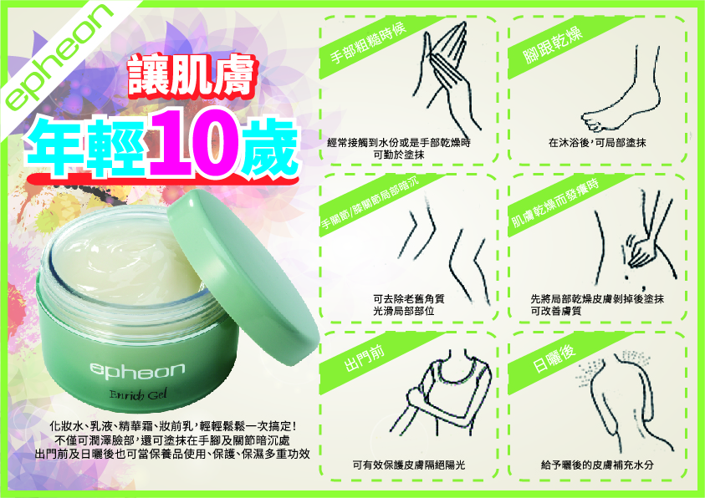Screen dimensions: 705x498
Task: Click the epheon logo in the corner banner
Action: point(59,56)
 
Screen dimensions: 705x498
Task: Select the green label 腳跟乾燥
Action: point(553,45)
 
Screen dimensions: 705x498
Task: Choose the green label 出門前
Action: point(364,358)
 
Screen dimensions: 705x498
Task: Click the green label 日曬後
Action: point(554,358)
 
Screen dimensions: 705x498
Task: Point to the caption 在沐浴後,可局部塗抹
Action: point(597,143)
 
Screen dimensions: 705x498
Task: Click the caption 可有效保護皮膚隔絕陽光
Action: point(409,465)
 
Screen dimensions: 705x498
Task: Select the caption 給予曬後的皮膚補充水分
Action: point(597,465)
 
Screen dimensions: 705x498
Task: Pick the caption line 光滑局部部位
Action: point(403,311)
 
